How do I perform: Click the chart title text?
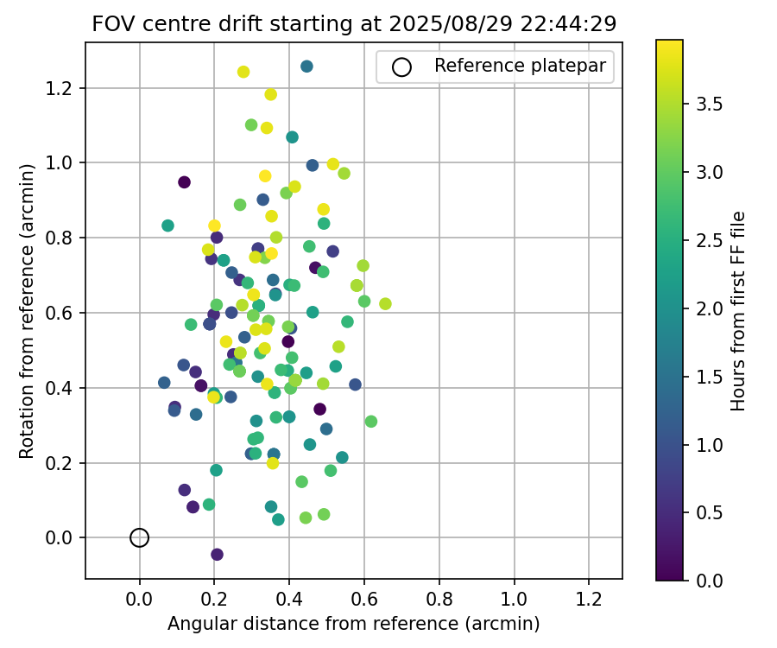coord(354,24)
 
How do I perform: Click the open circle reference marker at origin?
coord(139,537)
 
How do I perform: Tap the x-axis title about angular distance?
coord(354,624)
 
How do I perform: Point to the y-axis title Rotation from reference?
coord(27,311)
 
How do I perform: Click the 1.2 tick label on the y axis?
coord(63,88)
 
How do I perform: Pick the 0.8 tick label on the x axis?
coord(439,599)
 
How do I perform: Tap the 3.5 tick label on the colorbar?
coord(710,105)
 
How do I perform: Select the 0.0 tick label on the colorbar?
coord(710,580)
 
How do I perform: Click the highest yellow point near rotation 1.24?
coord(243,72)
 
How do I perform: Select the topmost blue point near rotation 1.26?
coord(306,67)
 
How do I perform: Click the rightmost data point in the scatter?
coord(385,304)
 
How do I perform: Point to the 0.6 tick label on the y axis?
coord(63,313)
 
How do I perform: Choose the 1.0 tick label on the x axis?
coord(515,599)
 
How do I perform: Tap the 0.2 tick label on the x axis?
coord(214,599)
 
